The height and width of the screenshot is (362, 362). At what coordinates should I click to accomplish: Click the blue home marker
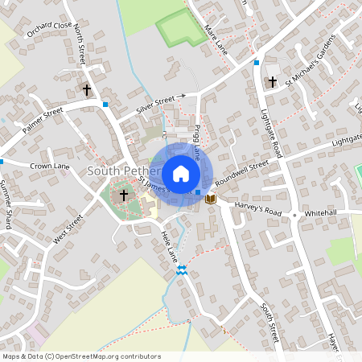[x=181, y=174]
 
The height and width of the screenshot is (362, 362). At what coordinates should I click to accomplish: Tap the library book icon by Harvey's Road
[x=212, y=198]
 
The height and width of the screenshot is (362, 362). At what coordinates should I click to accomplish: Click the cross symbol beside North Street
[x=87, y=90]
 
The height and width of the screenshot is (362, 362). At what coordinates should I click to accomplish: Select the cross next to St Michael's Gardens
[x=272, y=82]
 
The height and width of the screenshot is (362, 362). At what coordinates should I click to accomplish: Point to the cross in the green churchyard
[x=124, y=195]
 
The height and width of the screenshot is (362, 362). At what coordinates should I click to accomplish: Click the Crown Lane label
[x=50, y=166]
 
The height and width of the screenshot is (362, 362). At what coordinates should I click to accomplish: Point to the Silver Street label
[x=155, y=103]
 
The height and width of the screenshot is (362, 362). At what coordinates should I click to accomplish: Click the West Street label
[x=68, y=228]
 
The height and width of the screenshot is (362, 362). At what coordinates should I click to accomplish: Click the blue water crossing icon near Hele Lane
[x=183, y=272]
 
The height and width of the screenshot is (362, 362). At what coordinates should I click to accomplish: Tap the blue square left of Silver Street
[x=105, y=104]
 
